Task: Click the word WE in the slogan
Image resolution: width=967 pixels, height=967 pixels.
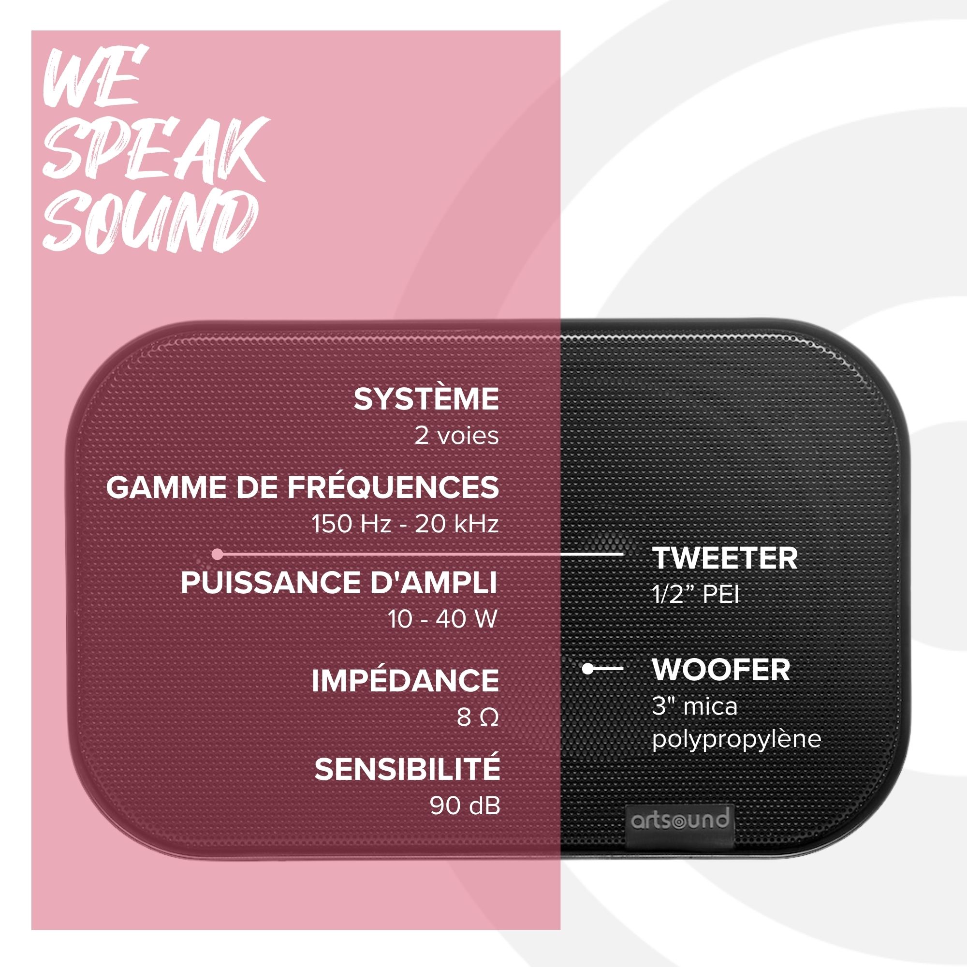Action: (95, 76)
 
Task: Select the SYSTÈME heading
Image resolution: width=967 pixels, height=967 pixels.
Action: (426, 399)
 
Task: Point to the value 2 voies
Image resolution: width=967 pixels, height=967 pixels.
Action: (456, 436)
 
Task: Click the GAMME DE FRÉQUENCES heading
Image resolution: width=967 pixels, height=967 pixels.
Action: (302, 487)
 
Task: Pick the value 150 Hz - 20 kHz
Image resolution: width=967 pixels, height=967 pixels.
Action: (405, 524)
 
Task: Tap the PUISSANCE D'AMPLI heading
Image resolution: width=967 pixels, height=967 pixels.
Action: (339, 583)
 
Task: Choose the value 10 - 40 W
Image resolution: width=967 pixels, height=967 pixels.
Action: (442, 619)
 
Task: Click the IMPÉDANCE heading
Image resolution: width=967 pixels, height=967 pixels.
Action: (405, 680)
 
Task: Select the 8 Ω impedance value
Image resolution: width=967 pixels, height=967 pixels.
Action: (478, 717)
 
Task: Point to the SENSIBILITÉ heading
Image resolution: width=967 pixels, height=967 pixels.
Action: (407, 769)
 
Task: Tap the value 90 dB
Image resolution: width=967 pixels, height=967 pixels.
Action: (465, 806)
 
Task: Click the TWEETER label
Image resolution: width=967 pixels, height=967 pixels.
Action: (725, 558)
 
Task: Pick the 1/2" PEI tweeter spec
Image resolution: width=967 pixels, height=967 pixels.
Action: (695, 595)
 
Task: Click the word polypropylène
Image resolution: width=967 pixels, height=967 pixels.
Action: (736, 740)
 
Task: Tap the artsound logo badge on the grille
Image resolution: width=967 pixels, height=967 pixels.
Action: (679, 820)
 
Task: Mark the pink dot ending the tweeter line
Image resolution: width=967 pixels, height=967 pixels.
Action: (217, 554)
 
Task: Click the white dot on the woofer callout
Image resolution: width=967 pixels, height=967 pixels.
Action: (587, 668)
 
